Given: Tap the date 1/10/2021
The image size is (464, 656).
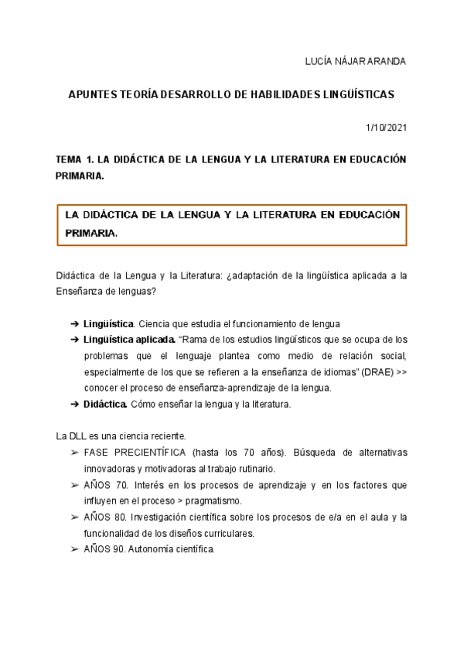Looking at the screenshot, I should point(385,127).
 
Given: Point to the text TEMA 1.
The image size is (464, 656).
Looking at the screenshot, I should point(73,159).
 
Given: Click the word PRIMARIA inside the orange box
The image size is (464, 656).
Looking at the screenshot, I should point(91,232).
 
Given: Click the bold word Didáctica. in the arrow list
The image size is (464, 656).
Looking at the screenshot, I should point(105,405).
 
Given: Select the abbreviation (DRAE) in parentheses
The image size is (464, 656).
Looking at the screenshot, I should point(381,372).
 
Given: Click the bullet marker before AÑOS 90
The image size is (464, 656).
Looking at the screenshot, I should point(74,550).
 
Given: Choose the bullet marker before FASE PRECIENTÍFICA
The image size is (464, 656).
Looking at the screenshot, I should point(74,453).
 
